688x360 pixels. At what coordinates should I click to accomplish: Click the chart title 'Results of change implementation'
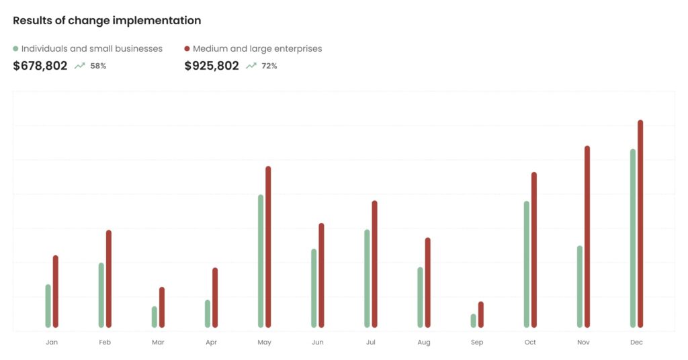click(x=107, y=21)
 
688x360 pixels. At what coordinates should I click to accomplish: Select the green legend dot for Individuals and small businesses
click(x=16, y=49)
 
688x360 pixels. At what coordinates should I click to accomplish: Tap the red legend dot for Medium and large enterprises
click(x=187, y=49)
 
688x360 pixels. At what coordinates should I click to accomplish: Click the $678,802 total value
click(x=40, y=66)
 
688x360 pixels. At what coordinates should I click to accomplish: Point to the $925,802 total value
click(x=212, y=66)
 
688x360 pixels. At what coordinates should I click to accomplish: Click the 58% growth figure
click(x=99, y=66)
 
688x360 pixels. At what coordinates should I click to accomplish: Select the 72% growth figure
click(x=269, y=66)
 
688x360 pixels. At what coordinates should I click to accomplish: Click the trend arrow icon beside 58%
click(x=80, y=66)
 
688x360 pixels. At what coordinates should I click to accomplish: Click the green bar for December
click(x=633, y=238)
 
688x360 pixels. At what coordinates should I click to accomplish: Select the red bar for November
click(x=587, y=236)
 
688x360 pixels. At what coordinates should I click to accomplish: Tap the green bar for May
click(x=261, y=261)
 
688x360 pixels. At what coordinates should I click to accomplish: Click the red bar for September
click(x=480, y=314)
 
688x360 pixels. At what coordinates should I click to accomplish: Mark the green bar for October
click(x=527, y=264)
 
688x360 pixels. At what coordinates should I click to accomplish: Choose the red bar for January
click(x=56, y=291)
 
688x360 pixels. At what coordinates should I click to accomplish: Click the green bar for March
click(x=155, y=317)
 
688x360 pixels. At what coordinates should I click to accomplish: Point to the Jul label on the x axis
click(x=371, y=343)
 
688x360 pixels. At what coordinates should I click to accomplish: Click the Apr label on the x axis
click(x=211, y=343)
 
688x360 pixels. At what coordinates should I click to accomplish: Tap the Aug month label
click(x=424, y=343)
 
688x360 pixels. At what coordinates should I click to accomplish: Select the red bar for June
click(x=321, y=275)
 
